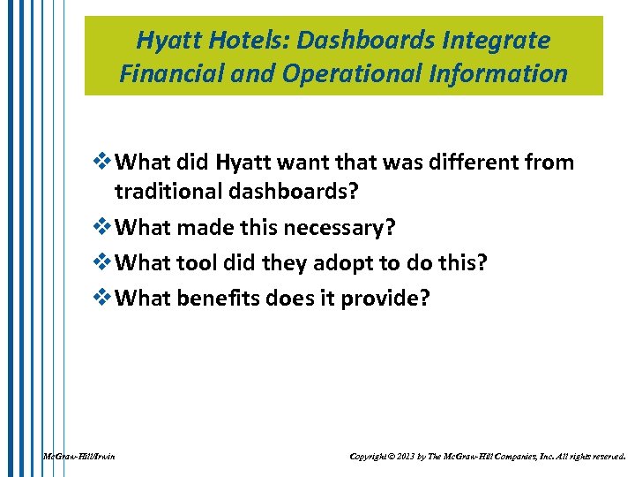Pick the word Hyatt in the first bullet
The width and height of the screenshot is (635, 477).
pyautogui.click(x=245, y=163)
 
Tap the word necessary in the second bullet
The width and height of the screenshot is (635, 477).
pyautogui.click(x=334, y=228)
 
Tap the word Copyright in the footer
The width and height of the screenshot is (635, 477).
pyautogui.click(x=370, y=457)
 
